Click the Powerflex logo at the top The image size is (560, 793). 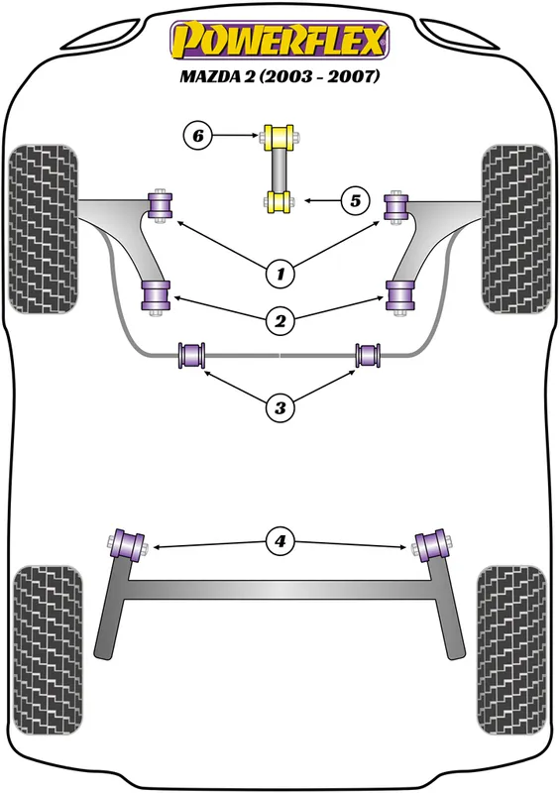[279, 39]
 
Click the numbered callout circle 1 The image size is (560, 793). [280, 275]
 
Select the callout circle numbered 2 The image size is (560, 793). [280, 320]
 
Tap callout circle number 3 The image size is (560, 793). [280, 407]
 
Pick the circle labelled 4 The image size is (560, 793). [280, 541]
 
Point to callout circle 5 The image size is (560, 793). [355, 201]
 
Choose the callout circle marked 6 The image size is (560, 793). [198, 135]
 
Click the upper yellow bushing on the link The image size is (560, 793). [279, 137]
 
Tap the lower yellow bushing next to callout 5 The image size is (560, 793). [280, 202]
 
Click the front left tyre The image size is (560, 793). [44, 229]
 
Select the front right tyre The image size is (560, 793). [516, 229]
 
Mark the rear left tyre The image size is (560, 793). [47, 650]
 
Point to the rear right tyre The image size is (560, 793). [511, 650]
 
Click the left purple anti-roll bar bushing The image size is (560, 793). [191, 356]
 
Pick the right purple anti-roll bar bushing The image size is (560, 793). [368, 355]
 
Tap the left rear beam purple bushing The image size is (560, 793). [128, 545]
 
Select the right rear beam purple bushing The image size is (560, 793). [431, 545]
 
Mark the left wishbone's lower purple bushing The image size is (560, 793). [157, 295]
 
